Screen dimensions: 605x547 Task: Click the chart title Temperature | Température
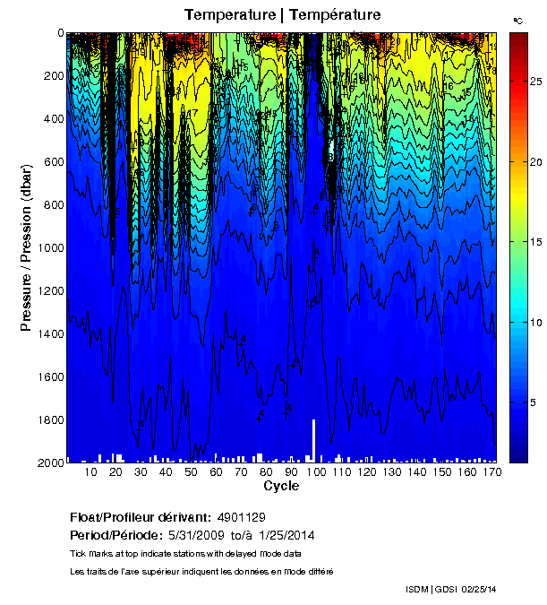[x=282, y=14]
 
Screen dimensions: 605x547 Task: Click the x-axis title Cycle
[x=281, y=486]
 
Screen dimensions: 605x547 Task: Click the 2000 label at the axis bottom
[x=51, y=462]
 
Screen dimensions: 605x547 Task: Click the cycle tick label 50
[x=191, y=471]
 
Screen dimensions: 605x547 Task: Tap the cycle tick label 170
[x=491, y=471]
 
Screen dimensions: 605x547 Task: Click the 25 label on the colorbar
[x=534, y=82]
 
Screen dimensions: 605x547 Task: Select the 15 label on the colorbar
[x=534, y=242]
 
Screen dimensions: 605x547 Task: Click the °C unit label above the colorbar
[x=517, y=20]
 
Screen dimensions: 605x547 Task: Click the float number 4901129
[x=241, y=517]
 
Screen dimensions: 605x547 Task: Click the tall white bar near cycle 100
[x=313, y=439]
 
